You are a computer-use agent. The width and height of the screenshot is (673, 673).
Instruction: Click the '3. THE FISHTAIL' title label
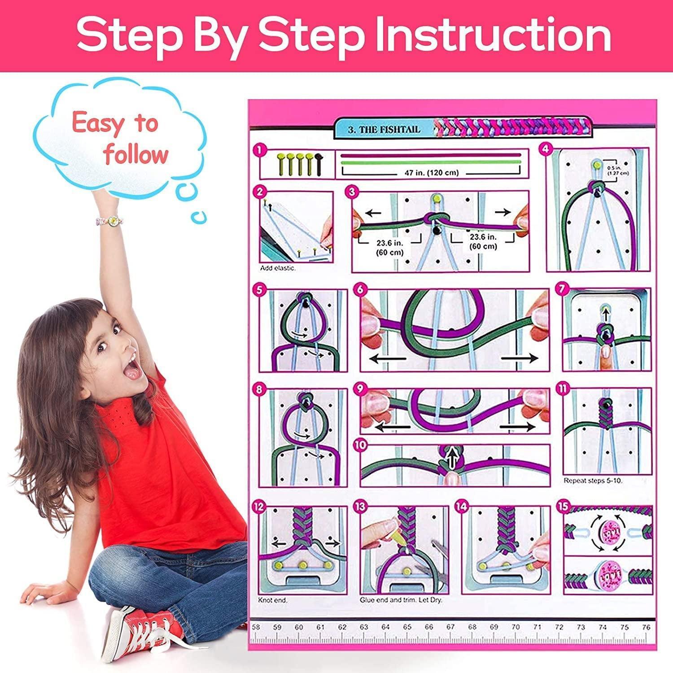click(384, 130)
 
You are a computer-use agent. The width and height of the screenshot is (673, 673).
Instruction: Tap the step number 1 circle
click(260, 150)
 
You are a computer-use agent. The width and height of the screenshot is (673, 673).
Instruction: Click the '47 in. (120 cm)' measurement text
click(429, 173)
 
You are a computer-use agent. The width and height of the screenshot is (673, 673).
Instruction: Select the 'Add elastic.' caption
click(278, 268)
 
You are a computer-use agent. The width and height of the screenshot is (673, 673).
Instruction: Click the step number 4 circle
click(546, 149)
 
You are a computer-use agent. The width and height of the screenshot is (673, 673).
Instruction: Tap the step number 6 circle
click(360, 290)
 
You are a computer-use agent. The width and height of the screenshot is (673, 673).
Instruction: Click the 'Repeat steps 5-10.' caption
click(593, 481)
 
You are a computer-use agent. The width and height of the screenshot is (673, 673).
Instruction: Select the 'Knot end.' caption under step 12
click(273, 600)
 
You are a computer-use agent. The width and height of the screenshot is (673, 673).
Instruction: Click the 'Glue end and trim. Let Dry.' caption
click(401, 600)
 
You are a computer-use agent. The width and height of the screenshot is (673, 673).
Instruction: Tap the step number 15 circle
click(563, 507)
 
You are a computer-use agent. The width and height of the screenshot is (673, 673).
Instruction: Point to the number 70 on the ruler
click(516, 627)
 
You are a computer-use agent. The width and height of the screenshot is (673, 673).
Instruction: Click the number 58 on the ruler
click(256, 627)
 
